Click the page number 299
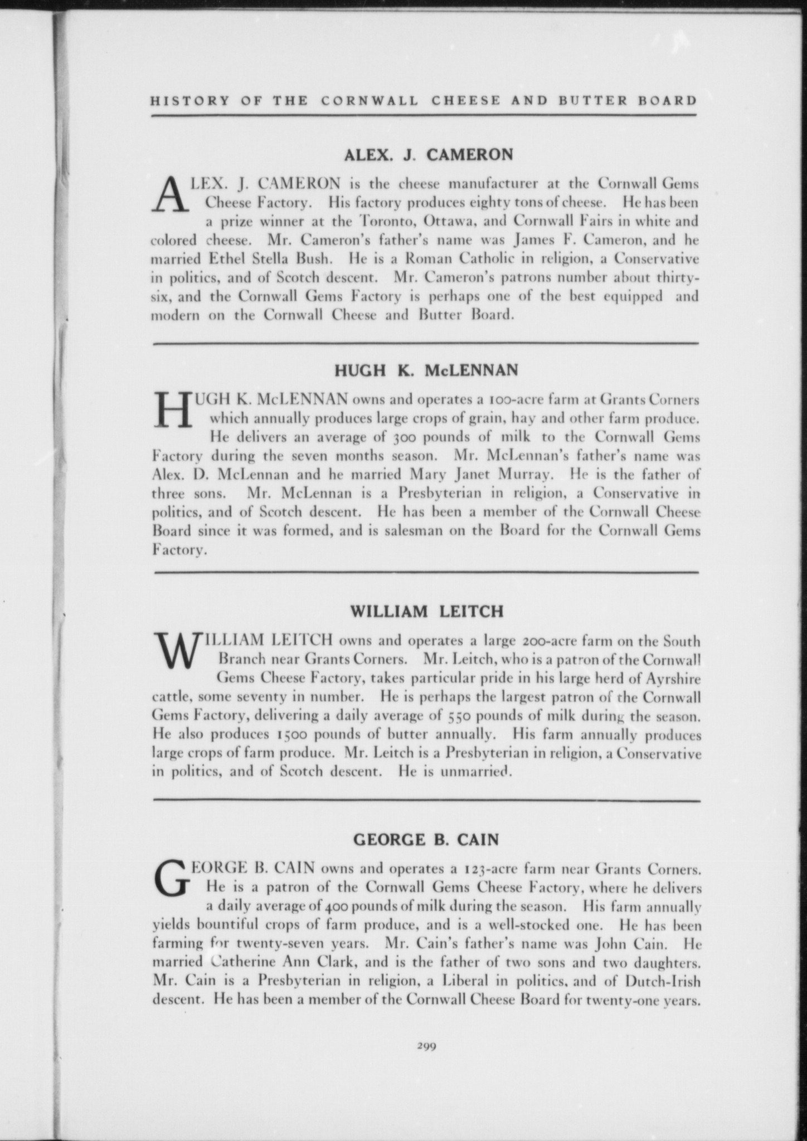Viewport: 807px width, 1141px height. pos(425,1046)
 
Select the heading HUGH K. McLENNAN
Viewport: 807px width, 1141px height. pos(426,370)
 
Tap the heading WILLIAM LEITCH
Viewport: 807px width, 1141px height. pos(426,612)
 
